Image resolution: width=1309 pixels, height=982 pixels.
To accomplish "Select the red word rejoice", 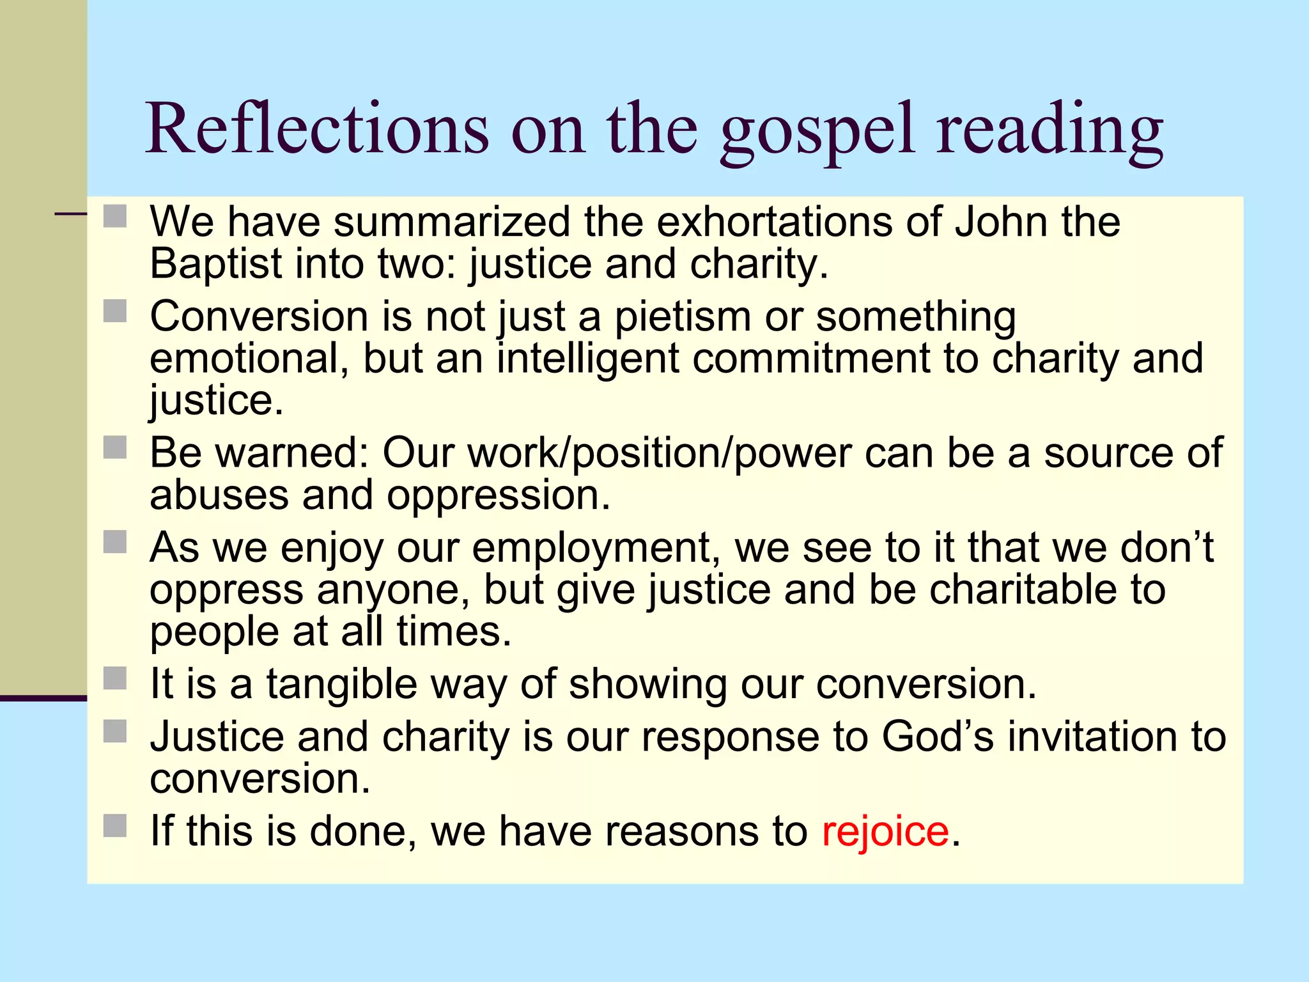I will tap(885, 831).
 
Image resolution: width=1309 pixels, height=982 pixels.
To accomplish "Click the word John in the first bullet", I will tap(1002, 222).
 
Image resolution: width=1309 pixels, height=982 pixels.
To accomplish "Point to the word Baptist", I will tap(215, 264).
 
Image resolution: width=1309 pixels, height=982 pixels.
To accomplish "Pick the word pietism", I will tap(682, 317).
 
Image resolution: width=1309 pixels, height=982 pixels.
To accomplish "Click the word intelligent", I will tap(587, 359).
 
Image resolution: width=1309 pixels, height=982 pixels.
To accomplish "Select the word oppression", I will tap(499, 496).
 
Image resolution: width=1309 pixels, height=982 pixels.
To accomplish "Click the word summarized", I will tap(452, 222).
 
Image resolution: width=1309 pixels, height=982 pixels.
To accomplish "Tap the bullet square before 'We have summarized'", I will tap(115, 216).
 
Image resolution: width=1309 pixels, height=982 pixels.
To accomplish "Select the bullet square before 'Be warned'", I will tap(115, 448).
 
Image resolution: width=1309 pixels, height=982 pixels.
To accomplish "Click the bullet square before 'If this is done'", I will tap(115, 825).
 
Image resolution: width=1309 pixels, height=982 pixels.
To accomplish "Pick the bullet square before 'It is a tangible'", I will tap(115, 678).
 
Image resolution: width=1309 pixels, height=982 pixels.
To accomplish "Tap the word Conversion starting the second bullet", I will tap(259, 317).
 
